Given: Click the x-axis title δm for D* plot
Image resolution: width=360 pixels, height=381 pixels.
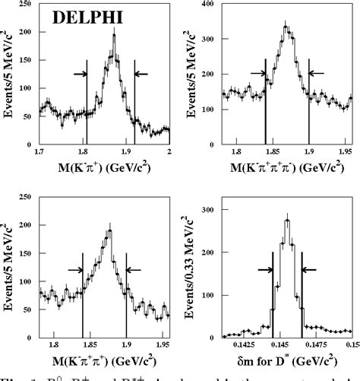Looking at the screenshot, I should coord(282,360).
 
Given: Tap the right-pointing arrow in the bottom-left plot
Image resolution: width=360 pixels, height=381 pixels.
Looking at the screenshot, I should coord(75,269).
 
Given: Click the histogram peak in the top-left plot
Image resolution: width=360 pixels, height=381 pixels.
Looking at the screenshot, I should coord(114,35).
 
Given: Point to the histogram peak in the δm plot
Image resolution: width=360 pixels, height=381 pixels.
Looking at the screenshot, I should coord(287,222).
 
